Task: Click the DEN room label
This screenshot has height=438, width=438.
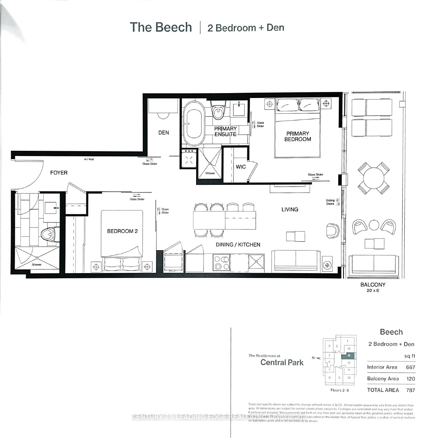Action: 164,133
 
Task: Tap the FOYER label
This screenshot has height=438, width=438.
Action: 59,172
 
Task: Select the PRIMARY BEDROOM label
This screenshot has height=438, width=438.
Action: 297,136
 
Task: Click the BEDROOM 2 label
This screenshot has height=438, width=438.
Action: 122,231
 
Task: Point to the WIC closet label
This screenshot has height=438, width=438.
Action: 240,167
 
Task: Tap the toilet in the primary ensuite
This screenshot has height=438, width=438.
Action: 218,110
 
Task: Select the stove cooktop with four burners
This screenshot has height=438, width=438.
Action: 222,263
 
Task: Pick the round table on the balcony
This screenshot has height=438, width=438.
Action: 373,178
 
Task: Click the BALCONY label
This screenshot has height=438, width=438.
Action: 373,284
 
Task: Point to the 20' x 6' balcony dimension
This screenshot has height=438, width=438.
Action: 373,291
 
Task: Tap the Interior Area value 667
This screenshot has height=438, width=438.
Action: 410,367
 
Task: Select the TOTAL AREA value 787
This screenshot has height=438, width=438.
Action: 410,390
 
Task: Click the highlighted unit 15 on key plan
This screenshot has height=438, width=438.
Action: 348,356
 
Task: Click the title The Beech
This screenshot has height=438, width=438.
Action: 161,27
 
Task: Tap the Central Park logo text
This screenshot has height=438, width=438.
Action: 282,362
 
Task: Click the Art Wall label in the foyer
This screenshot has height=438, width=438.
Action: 89,159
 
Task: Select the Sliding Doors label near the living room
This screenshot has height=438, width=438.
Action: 330,202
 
